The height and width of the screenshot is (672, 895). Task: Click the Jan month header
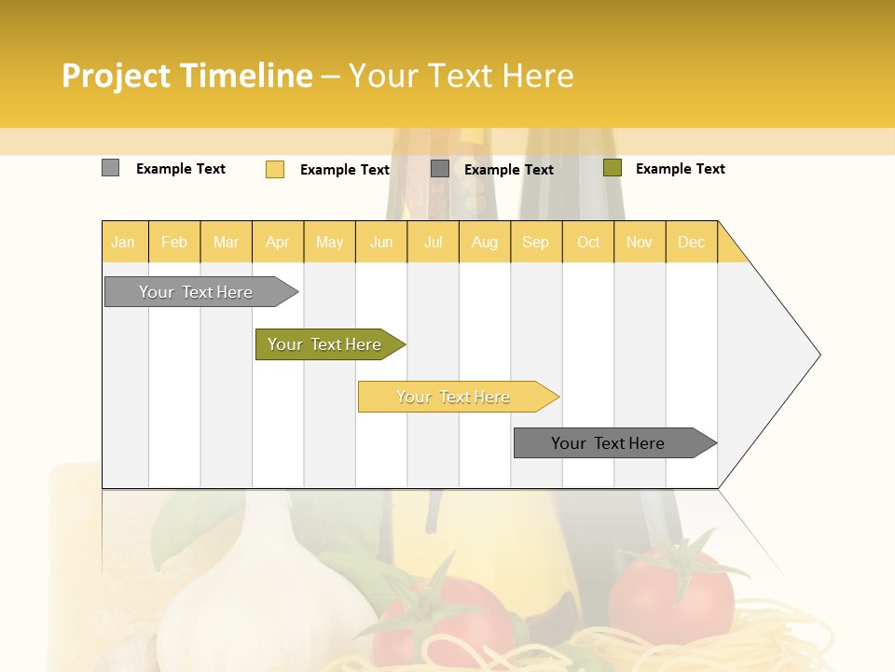click(123, 242)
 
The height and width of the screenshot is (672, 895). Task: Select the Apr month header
click(277, 242)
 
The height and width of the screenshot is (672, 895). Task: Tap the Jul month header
click(433, 242)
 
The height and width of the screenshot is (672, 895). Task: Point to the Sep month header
click(535, 242)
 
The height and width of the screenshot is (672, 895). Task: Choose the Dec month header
click(691, 242)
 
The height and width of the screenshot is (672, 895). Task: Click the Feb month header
click(173, 242)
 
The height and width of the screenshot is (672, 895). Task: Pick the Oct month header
click(588, 242)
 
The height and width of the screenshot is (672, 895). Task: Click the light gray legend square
click(110, 168)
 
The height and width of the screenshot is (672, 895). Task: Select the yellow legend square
click(275, 169)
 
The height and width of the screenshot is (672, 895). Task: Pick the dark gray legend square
click(440, 168)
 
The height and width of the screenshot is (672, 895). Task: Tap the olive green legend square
click(612, 168)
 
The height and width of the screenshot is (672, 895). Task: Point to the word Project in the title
click(116, 76)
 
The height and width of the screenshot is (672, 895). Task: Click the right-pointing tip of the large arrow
click(818, 355)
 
